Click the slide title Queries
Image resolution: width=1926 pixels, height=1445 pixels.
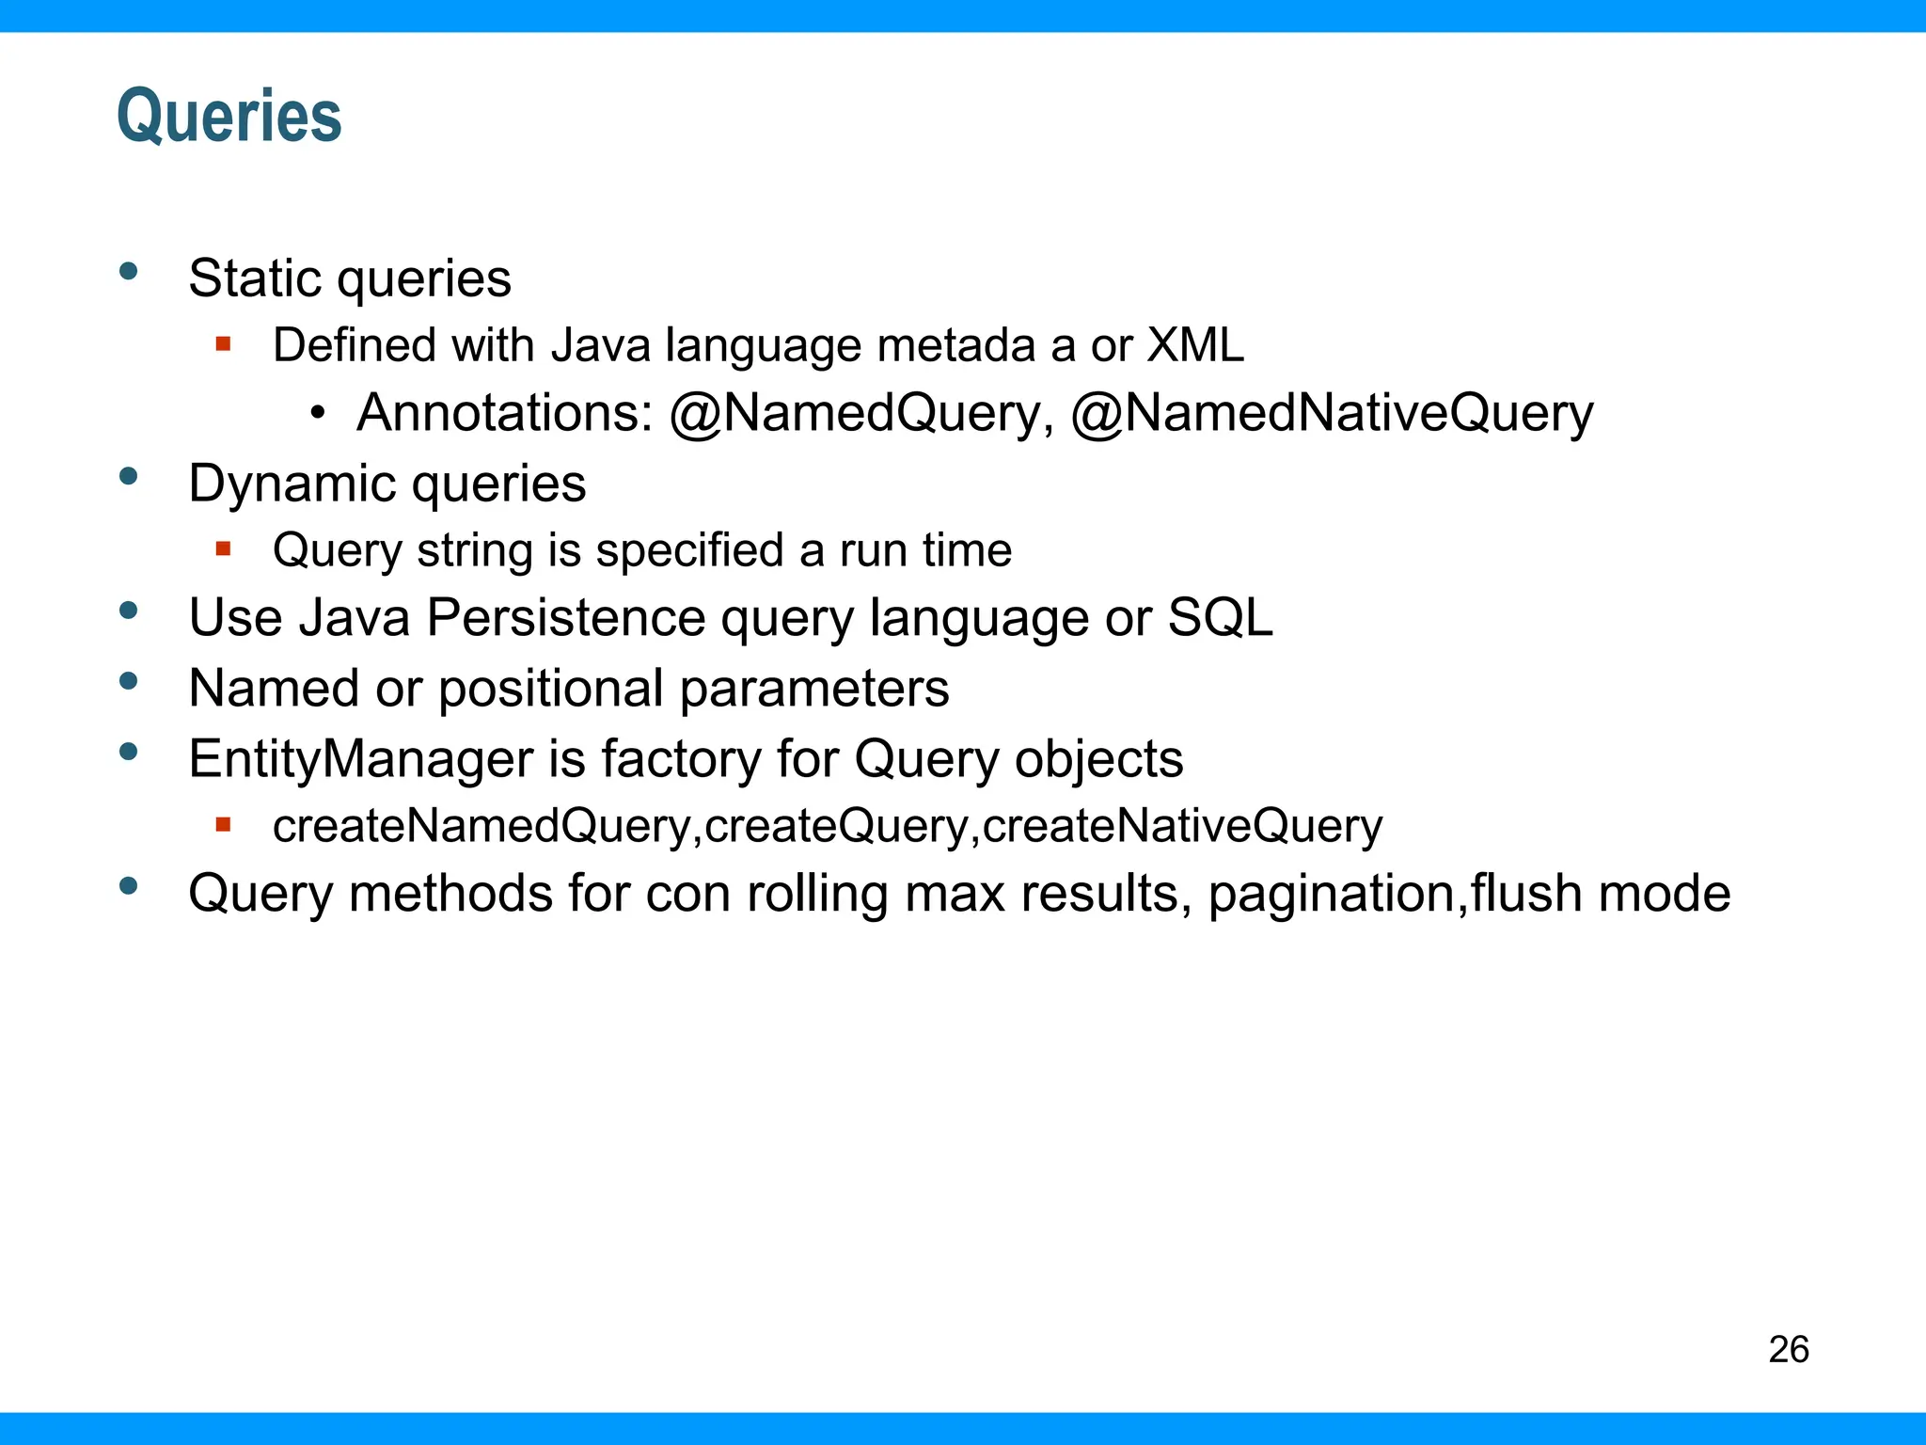pyautogui.click(x=229, y=116)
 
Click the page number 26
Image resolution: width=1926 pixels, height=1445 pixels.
pyautogui.click(x=1788, y=1349)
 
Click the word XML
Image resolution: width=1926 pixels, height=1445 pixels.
pyautogui.click(x=1195, y=345)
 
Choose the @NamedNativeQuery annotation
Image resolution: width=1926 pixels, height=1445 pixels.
pyautogui.click(x=1332, y=414)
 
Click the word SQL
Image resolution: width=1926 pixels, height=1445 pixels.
pyautogui.click(x=1220, y=618)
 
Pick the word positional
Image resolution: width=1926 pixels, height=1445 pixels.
pyautogui.click(x=551, y=689)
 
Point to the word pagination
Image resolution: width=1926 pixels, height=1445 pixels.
pyautogui.click(x=1334, y=894)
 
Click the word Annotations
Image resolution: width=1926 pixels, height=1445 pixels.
pyautogui.click(x=504, y=414)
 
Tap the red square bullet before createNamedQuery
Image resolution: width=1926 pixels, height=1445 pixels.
pyautogui.click(x=223, y=825)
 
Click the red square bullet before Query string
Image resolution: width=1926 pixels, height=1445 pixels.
pyautogui.click(x=223, y=548)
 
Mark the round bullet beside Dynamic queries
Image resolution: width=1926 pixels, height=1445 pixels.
pyautogui.click(x=129, y=477)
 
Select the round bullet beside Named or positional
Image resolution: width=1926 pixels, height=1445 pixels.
pyautogui.click(x=129, y=681)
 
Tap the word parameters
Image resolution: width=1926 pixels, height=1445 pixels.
pyautogui.click(x=813, y=689)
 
